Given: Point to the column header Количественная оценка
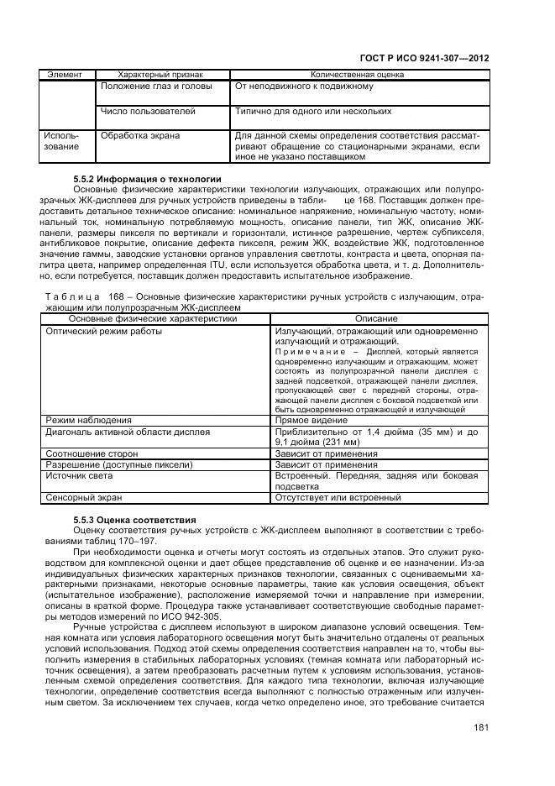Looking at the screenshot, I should [359, 74].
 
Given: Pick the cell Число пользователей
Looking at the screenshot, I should [148, 110].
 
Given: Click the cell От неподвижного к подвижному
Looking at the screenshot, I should [304, 86].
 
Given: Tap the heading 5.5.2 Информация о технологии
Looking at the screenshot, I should [147, 179].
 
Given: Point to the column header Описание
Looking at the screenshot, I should [376, 319].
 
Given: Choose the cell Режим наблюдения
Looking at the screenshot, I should [90, 419].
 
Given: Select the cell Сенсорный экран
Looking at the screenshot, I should [88, 497].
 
